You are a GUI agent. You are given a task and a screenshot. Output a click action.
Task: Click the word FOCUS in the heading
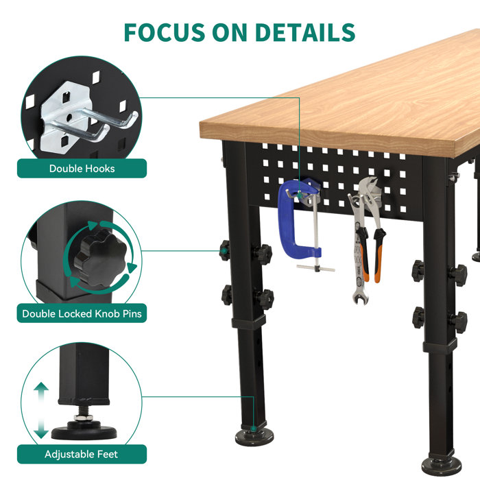(x=164, y=32)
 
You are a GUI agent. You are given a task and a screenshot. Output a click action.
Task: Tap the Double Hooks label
(x=82, y=169)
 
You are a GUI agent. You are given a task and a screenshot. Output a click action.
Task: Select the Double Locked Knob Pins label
(x=82, y=314)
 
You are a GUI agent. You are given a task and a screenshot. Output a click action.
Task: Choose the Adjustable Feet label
(x=82, y=454)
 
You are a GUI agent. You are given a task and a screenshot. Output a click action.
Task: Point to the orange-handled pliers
(x=376, y=233)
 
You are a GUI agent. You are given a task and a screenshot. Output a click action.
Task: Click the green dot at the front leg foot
(x=253, y=430)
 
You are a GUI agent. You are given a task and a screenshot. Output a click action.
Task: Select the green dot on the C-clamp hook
(x=299, y=193)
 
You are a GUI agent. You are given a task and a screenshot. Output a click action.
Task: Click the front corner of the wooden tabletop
(x=203, y=130)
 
